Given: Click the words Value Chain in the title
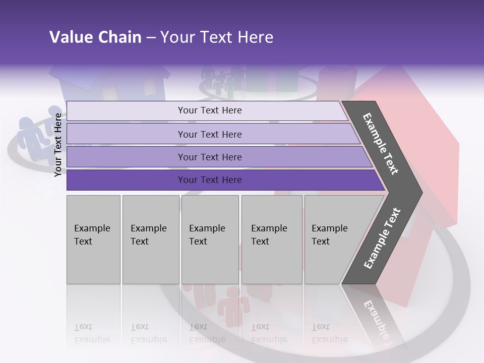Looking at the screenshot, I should tap(95, 37).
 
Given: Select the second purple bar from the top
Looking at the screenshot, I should tap(210, 134).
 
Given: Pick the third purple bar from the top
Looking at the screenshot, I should tap(210, 157).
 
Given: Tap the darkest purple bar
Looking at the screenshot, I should tap(210, 180).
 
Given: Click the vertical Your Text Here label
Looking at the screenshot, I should tap(58, 145).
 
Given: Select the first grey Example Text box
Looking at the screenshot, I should tap(93, 239).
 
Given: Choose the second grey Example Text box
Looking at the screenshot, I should tap(150, 239).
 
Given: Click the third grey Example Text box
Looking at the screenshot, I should tap(209, 239).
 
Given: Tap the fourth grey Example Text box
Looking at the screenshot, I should tap(271, 239).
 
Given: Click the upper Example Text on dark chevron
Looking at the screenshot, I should tap(381, 144).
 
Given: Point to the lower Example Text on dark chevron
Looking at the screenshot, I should tap(382, 238).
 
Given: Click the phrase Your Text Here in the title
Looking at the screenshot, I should tap(217, 37).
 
